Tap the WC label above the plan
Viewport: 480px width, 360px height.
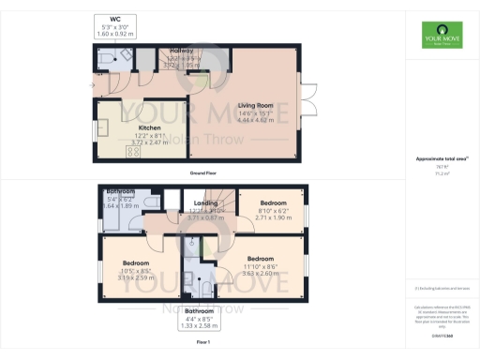115,19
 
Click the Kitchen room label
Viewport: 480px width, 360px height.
149,127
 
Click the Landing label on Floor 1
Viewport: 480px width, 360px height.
205,202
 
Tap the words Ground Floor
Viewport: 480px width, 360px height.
204,173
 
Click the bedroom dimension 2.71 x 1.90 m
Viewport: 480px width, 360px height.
273,217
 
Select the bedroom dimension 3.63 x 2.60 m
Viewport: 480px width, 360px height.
260,274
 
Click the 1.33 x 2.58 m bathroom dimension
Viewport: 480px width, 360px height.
199,325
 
